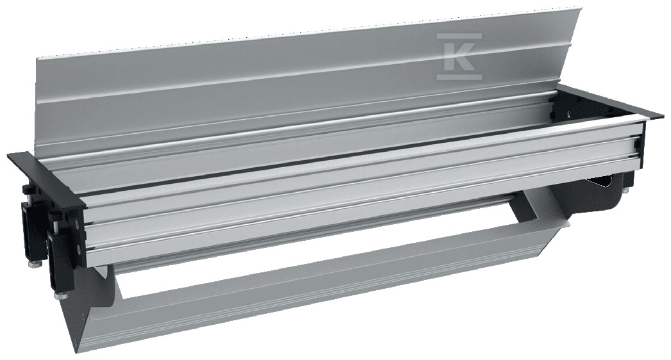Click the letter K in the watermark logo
tap(459, 56)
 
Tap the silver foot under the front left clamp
tap(58, 295)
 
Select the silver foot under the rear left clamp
tap(33, 264)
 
